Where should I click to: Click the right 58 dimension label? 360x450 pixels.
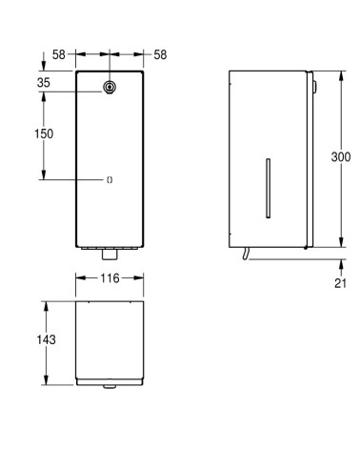tap(159, 55)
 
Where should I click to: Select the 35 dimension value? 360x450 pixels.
tap(44, 83)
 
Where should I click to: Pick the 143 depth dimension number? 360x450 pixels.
tap(30, 339)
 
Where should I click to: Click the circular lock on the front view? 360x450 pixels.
tap(110, 88)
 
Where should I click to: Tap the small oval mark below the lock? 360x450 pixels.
tap(110, 178)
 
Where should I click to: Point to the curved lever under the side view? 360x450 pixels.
tap(246, 253)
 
